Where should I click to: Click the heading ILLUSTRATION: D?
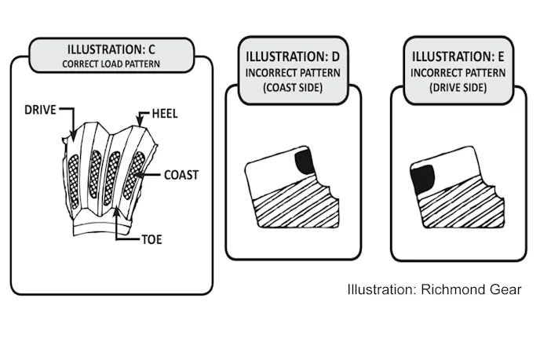294,57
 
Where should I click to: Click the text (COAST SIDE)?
294,89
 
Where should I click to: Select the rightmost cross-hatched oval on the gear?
138,172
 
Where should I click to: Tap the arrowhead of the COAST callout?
142,175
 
